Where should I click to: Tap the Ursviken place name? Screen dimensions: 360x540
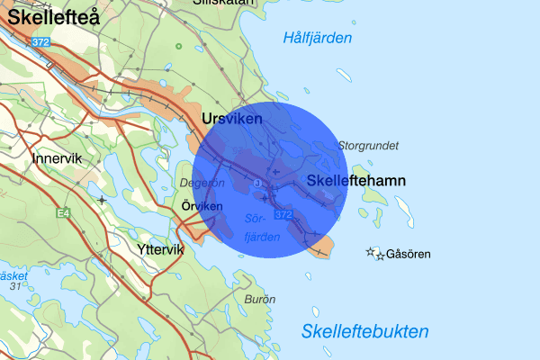[232, 119]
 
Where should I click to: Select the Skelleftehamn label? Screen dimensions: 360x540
[356, 181]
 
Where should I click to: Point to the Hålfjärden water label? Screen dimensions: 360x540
[317, 38]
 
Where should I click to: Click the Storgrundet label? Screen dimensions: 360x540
[367, 145]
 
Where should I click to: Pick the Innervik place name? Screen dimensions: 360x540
[56, 158]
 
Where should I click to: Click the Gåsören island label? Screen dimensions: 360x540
[407, 255]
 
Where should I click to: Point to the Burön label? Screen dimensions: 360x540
[259, 298]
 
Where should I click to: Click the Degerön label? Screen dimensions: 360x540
[202, 183]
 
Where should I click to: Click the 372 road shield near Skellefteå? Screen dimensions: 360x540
[40, 42]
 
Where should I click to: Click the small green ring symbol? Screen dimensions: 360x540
[178, 46]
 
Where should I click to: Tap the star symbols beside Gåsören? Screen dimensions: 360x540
[374, 255]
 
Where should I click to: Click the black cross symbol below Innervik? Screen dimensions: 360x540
[103, 199]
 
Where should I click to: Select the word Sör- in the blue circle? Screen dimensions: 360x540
[256, 219]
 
